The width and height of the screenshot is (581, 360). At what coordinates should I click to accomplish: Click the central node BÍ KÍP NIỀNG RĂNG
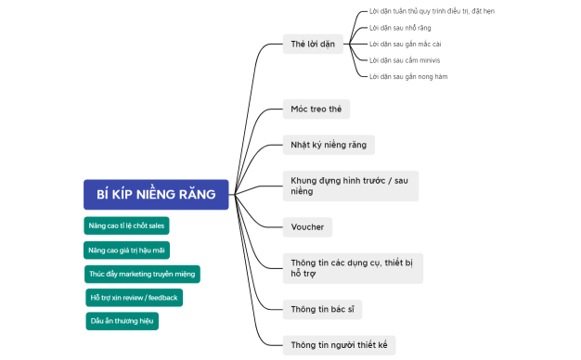click(x=156, y=194)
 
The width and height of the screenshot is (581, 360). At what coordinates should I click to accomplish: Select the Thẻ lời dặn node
click(x=313, y=43)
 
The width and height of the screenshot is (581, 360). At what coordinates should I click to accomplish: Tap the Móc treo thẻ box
click(x=316, y=109)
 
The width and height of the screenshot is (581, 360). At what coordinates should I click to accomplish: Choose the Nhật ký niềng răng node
click(x=328, y=145)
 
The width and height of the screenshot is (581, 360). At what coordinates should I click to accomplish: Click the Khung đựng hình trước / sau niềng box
click(x=350, y=185)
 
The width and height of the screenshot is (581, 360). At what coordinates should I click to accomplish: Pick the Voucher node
click(x=306, y=226)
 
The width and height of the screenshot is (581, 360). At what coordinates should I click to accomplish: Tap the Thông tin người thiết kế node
click(x=338, y=344)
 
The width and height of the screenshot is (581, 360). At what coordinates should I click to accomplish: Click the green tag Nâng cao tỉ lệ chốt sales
click(x=126, y=225)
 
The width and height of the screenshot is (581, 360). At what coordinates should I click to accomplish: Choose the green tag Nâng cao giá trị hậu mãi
click(x=126, y=250)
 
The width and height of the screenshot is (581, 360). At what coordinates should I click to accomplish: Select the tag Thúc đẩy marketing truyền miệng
click(x=142, y=274)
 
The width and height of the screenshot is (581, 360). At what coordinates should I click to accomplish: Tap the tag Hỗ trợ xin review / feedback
click(x=134, y=297)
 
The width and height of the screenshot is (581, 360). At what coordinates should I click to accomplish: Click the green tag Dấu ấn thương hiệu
click(x=123, y=321)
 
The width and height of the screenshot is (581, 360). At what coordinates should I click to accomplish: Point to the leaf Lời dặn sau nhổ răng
click(x=400, y=28)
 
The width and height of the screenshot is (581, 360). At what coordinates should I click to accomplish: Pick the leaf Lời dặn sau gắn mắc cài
click(x=405, y=44)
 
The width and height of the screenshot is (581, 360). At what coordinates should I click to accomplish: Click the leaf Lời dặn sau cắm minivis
click(x=404, y=59)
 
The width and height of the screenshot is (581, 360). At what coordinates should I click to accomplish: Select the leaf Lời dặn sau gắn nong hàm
click(x=408, y=76)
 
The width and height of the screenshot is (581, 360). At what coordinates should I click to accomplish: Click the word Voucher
click(x=306, y=226)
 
